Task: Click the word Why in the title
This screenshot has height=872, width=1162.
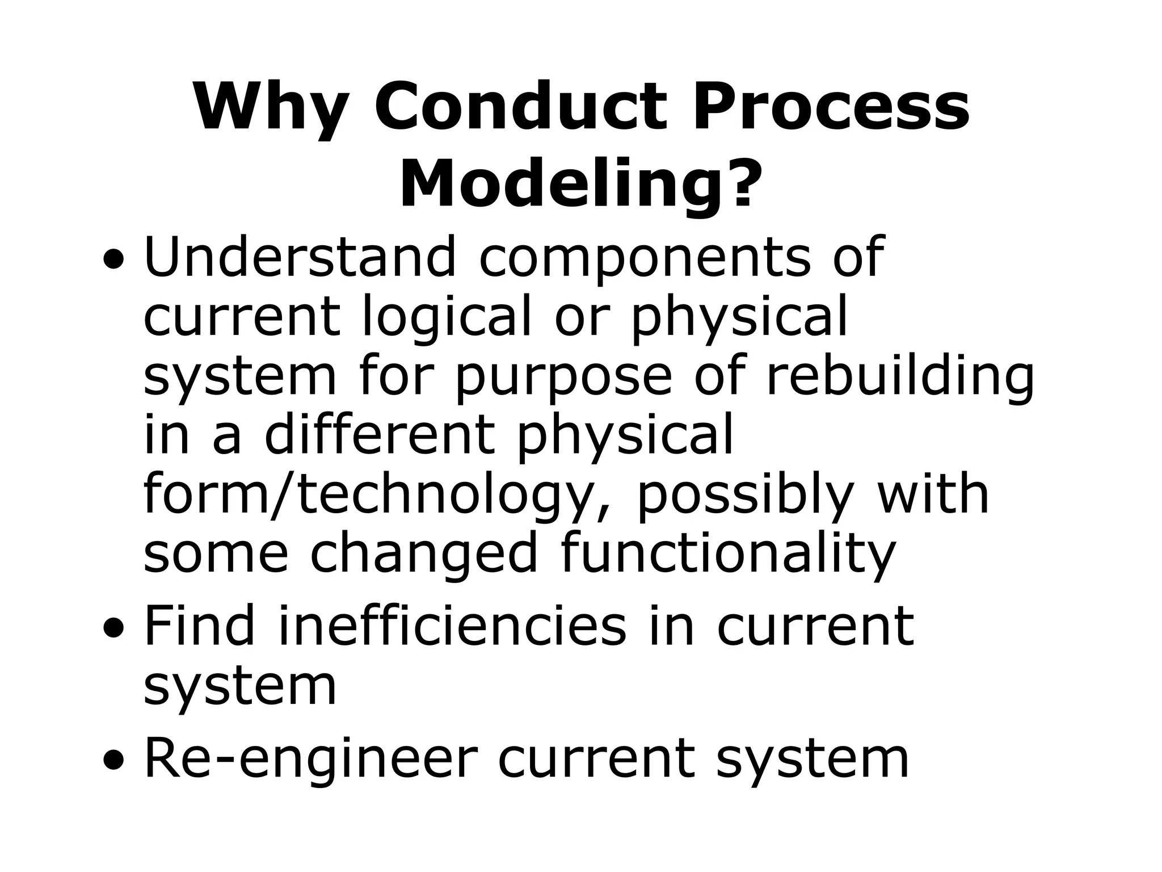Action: click(x=270, y=108)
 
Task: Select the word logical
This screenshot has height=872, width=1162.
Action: click(x=446, y=318)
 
